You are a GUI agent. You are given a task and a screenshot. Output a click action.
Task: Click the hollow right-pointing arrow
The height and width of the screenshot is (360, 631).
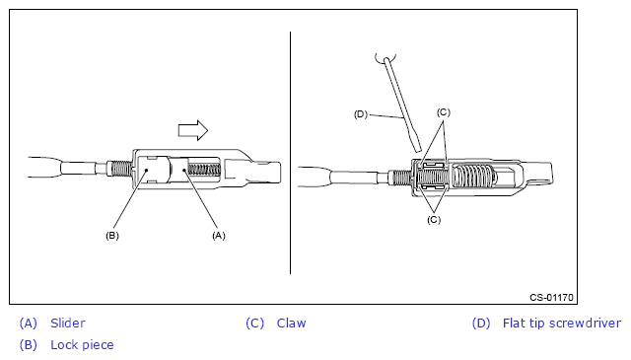coord(193,130)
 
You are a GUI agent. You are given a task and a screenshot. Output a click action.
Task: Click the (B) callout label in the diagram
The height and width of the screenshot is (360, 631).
coord(112,236)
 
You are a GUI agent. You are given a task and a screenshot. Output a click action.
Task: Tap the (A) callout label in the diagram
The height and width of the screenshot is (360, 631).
coord(219,236)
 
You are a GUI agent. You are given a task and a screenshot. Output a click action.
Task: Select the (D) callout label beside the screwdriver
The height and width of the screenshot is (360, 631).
coord(361,114)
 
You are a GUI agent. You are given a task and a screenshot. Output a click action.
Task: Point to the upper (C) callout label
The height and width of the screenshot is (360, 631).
coord(444,112)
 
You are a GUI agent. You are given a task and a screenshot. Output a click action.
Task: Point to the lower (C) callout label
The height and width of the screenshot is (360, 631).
coord(434,220)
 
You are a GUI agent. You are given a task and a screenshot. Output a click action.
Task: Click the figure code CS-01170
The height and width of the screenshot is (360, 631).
coord(551,298)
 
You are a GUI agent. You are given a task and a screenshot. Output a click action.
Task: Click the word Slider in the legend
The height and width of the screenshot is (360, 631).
coord(68,323)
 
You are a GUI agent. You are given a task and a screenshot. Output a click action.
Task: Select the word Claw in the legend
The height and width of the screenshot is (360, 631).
coord(292,323)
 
